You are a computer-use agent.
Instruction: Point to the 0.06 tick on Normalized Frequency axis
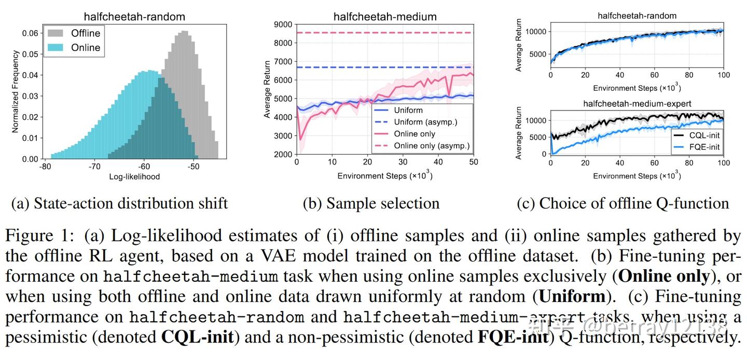30,33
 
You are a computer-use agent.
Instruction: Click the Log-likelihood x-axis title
134,177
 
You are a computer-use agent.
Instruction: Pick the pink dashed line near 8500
384,33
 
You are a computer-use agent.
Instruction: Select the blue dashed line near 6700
384,67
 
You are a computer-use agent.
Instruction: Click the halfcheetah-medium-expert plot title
637,103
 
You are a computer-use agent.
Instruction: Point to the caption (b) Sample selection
371,203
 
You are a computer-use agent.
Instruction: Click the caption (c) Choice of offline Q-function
622,203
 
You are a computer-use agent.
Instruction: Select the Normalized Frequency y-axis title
16,91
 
